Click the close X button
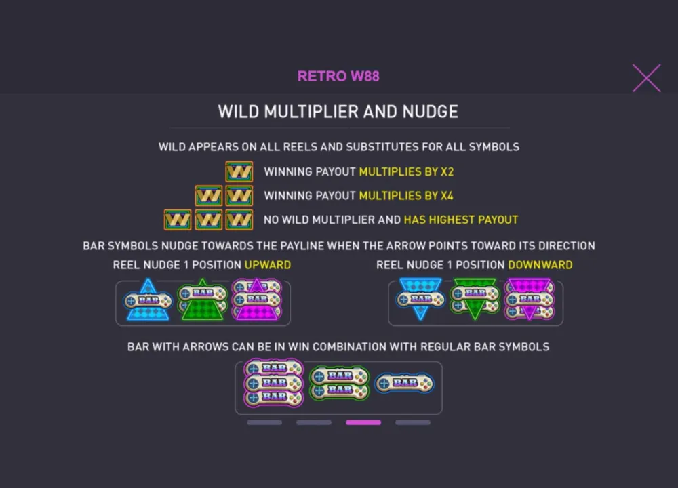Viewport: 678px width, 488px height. point(646,78)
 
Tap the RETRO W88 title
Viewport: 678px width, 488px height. point(338,76)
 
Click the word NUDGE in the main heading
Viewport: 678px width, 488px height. point(431,112)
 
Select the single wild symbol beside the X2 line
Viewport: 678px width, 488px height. point(239,171)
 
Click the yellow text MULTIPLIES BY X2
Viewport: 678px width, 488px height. point(406,171)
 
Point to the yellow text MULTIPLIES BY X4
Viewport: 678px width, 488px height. point(406,196)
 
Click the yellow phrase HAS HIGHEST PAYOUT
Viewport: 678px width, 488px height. point(461,220)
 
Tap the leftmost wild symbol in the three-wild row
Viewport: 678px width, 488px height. point(178,220)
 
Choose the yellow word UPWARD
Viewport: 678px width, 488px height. point(268,264)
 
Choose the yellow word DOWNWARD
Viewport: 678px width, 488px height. point(540,264)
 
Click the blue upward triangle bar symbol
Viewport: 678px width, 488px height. point(148,300)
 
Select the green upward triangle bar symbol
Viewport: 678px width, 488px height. point(202,300)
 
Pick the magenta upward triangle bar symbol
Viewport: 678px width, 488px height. point(257,299)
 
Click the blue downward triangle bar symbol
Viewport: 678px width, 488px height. point(420,299)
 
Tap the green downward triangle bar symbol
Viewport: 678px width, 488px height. point(475,299)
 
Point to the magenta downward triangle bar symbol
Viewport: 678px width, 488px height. point(530,299)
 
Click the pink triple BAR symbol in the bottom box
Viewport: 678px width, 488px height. point(273,383)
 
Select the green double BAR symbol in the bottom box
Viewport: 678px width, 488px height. point(340,383)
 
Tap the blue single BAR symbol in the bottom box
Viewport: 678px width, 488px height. point(404,383)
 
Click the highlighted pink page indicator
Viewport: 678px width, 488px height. point(363,422)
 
